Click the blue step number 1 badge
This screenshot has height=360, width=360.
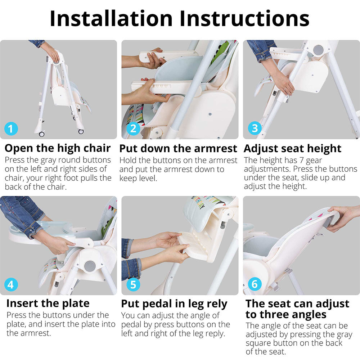point(11,129)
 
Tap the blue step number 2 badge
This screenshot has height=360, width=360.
point(133,128)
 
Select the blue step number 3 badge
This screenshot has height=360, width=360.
point(255,128)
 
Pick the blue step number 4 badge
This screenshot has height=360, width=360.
point(11,284)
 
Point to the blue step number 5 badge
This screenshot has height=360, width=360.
point(134,284)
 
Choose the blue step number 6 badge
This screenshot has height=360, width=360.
point(255,284)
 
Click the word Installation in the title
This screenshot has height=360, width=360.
point(111,19)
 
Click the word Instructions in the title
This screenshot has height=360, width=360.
point(245,19)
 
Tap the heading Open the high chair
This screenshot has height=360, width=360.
point(58,148)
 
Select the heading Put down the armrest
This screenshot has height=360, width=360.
point(178,149)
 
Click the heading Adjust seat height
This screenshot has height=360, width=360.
point(292,149)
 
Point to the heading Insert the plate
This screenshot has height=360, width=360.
point(48,303)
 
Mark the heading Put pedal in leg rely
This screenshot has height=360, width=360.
point(174,304)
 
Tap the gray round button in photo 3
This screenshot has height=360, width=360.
point(318,50)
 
